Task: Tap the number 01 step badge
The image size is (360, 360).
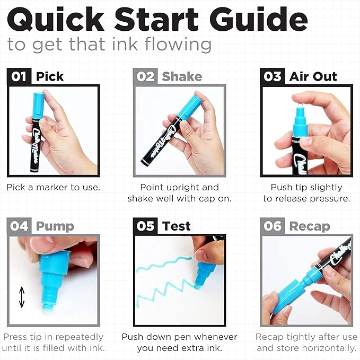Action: (19, 76)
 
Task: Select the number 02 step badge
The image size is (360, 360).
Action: (145, 76)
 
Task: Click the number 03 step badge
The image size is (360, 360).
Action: (273, 76)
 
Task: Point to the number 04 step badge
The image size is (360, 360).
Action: (19, 226)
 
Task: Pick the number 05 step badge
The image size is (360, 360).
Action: (145, 226)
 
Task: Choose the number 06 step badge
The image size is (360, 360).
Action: (273, 226)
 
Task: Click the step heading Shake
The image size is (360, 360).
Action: (182, 76)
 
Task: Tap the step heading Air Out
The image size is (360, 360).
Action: (313, 76)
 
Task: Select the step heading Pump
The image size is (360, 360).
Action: (55, 227)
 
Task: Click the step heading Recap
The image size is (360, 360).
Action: (310, 227)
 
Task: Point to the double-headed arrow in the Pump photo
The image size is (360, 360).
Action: (22, 297)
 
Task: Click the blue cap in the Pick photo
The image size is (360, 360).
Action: (38, 105)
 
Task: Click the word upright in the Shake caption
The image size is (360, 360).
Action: (182, 188)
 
